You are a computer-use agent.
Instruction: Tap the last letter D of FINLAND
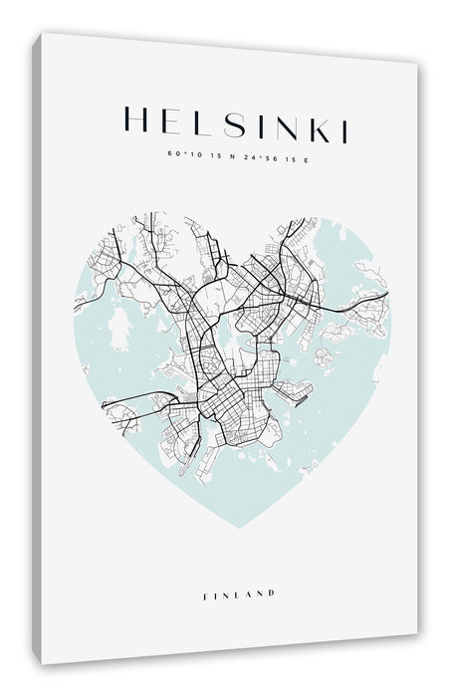pos(272,593)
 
